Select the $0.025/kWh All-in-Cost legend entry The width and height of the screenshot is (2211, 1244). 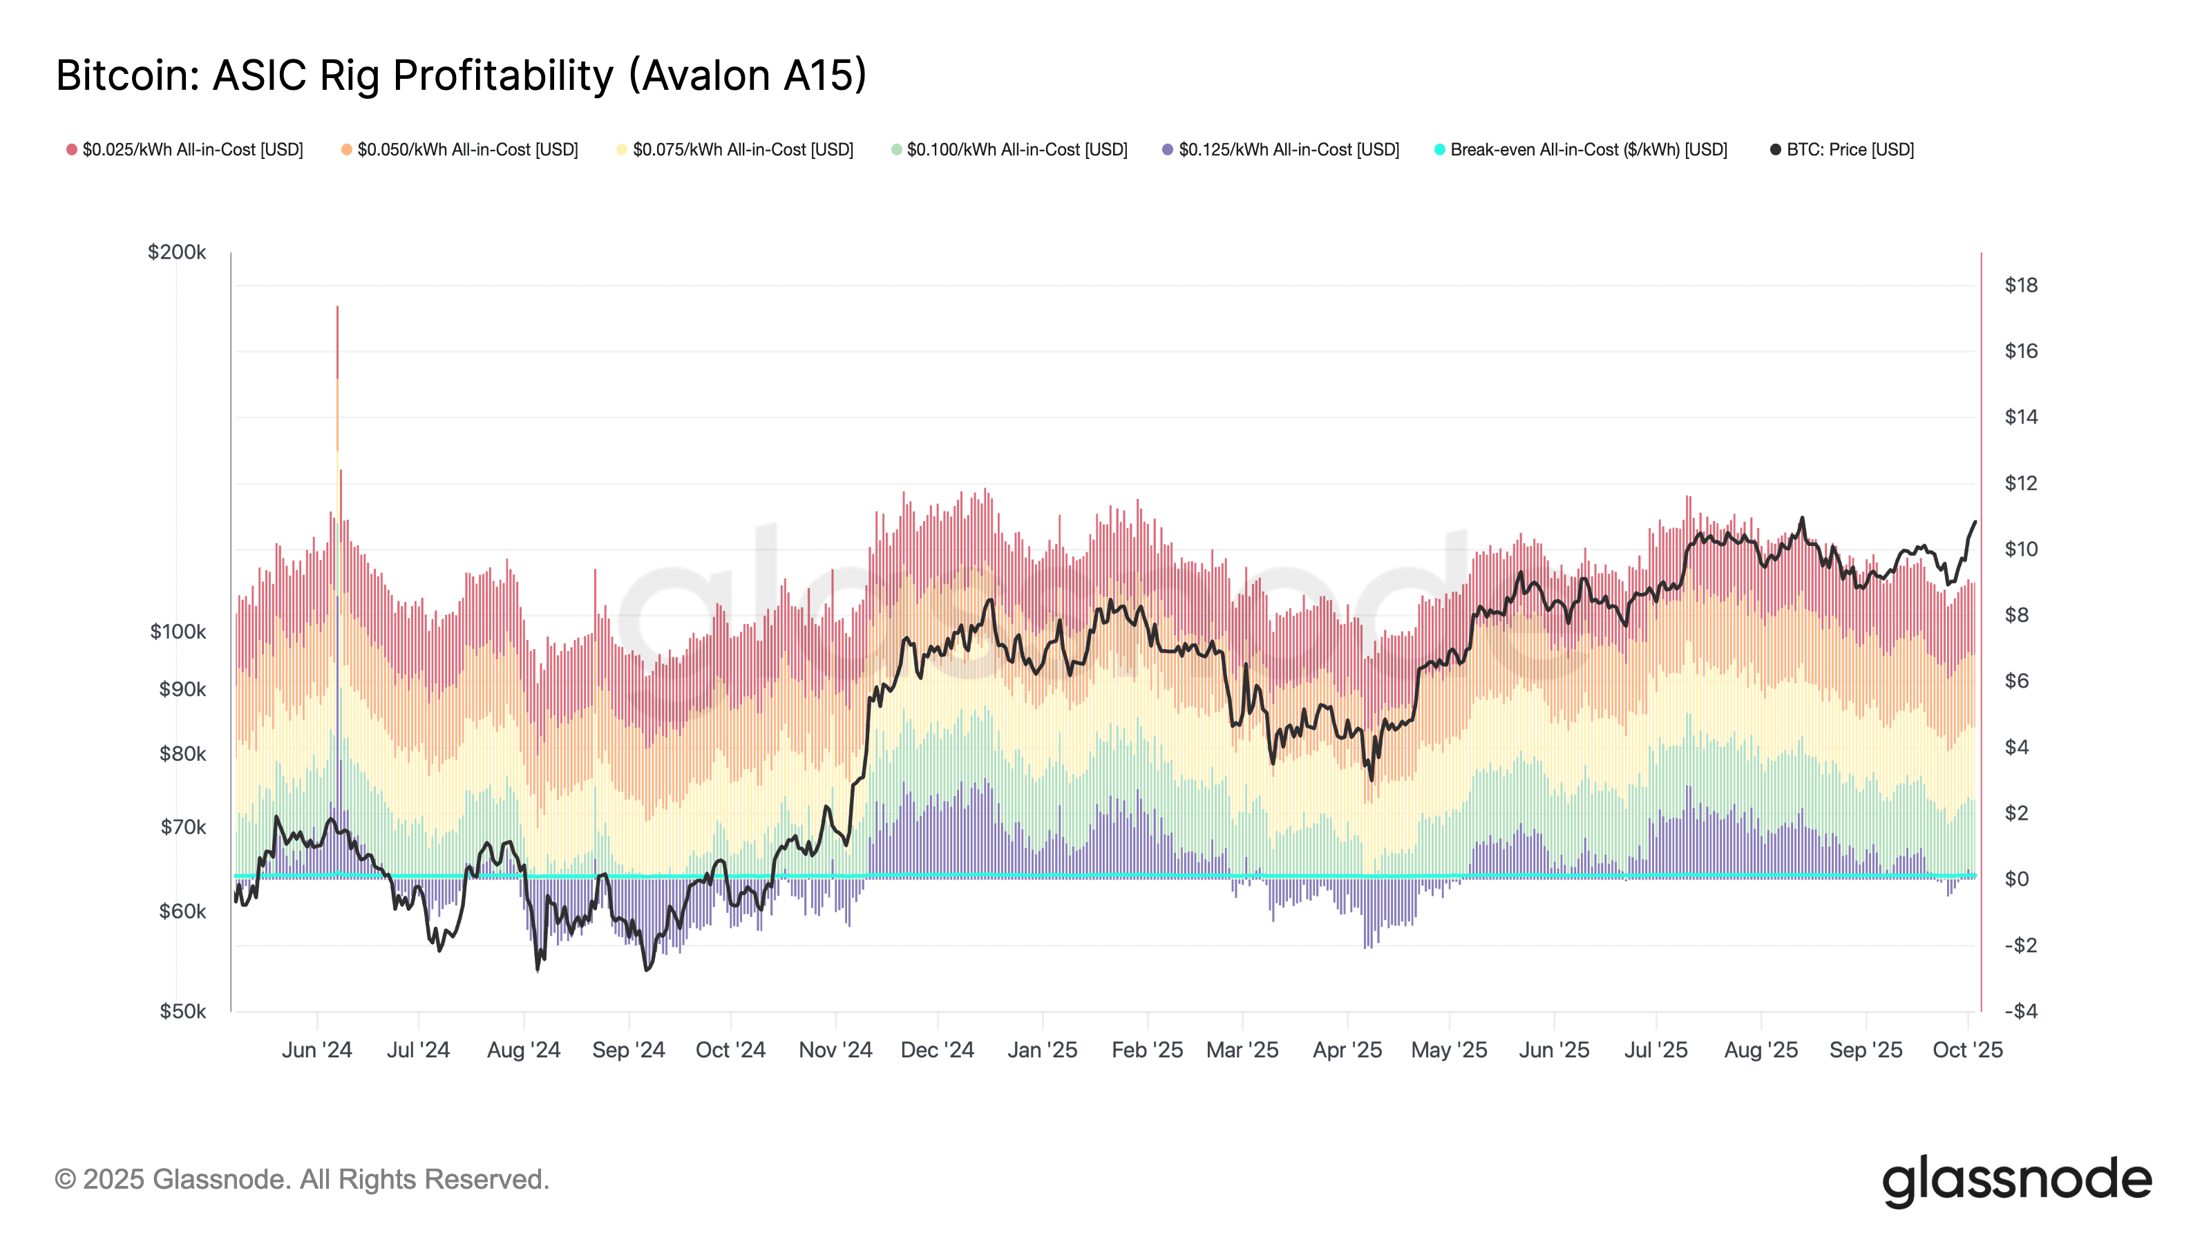(184, 149)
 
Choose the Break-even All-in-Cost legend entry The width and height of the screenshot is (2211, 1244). (1580, 149)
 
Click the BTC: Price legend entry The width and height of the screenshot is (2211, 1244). (1842, 149)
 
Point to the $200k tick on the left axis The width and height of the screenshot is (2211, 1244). (177, 252)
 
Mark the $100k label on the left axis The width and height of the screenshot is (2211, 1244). (178, 632)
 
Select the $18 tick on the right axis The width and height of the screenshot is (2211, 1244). (2020, 285)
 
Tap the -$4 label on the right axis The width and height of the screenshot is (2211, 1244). (2020, 1011)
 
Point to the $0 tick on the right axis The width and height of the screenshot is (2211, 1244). (2016, 879)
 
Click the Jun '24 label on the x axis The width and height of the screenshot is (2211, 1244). (316, 1050)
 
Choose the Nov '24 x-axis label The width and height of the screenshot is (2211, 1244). (835, 1050)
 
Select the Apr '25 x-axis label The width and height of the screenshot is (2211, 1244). (1347, 1050)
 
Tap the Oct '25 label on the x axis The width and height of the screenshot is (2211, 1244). (1967, 1050)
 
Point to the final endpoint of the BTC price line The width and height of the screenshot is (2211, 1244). (1975, 522)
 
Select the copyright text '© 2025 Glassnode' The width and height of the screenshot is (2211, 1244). (301, 1180)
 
